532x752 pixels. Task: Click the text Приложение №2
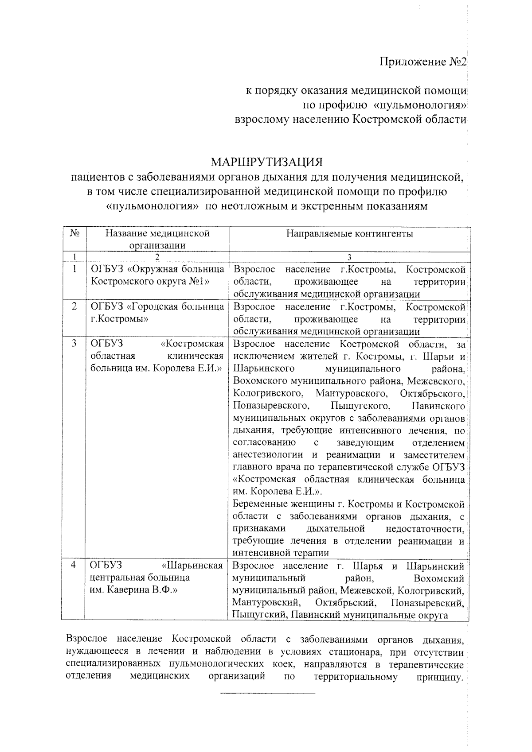423,62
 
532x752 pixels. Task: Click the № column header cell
74,233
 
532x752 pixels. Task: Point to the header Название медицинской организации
157,239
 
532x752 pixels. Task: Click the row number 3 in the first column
74,343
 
